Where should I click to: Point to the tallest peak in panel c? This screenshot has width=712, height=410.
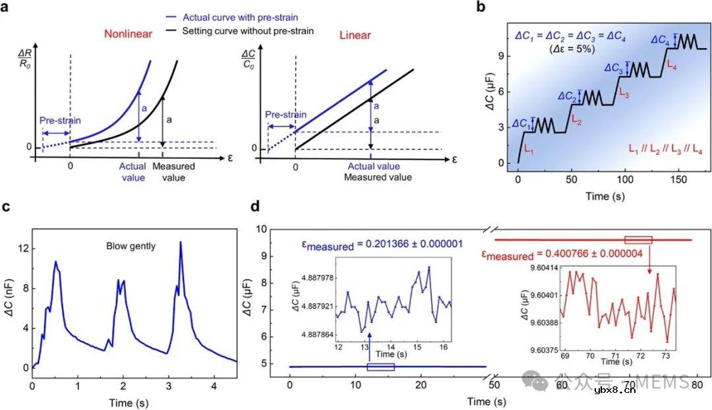click(180, 243)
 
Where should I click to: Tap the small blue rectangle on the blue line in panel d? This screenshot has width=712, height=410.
click(380, 366)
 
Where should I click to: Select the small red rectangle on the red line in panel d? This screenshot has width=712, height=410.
click(638, 240)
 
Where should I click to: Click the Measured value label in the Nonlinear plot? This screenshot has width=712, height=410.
click(174, 171)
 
